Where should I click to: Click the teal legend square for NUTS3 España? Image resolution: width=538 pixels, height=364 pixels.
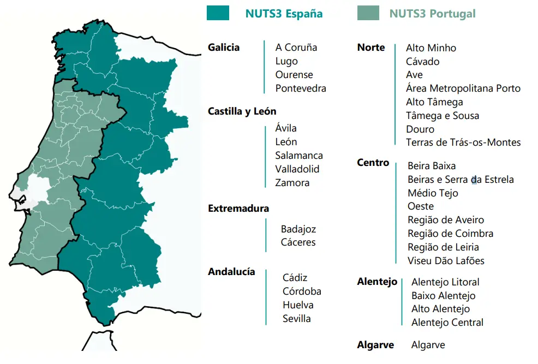pyautogui.click(x=218, y=13)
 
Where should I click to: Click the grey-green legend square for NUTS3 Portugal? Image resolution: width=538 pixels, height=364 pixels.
pyautogui.click(x=368, y=13)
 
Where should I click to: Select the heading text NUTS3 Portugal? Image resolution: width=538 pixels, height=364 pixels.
pyautogui.click(x=432, y=14)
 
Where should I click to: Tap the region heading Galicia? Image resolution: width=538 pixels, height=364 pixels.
pyautogui.click(x=224, y=47)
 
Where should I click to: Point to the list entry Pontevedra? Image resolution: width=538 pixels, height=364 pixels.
pyautogui.click(x=301, y=88)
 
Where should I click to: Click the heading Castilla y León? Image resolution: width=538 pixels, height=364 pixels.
pyautogui.click(x=242, y=111)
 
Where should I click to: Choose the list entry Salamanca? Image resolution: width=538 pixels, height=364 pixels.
pyautogui.click(x=299, y=156)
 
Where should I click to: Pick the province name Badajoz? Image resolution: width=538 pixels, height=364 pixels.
pyautogui.click(x=298, y=229)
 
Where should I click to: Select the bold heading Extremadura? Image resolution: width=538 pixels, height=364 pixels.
pyautogui.click(x=238, y=208)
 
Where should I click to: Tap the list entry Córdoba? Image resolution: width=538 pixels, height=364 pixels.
pyautogui.click(x=302, y=291)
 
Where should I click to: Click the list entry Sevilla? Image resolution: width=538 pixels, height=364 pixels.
pyautogui.click(x=297, y=319)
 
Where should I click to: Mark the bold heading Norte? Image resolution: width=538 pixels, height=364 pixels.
pyautogui.click(x=371, y=47)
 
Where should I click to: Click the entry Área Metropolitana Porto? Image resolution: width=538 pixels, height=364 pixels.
pyautogui.click(x=463, y=88)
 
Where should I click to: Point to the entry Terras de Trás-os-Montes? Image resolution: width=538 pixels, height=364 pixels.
pyautogui.click(x=463, y=142)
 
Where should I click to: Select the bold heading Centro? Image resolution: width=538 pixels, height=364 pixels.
pyautogui.click(x=373, y=163)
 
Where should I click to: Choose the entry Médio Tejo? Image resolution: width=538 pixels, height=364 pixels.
pyautogui.click(x=433, y=193)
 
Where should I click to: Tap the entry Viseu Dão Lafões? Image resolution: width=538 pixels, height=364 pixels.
pyautogui.click(x=446, y=261)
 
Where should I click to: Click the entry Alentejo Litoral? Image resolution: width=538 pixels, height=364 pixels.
pyautogui.click(x=445, y=282)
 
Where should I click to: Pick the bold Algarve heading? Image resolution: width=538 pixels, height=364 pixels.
pyautogui.click(x=375, y=345)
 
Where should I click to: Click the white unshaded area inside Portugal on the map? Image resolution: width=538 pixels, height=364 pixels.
pyautogui.click(x=39, y=187)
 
